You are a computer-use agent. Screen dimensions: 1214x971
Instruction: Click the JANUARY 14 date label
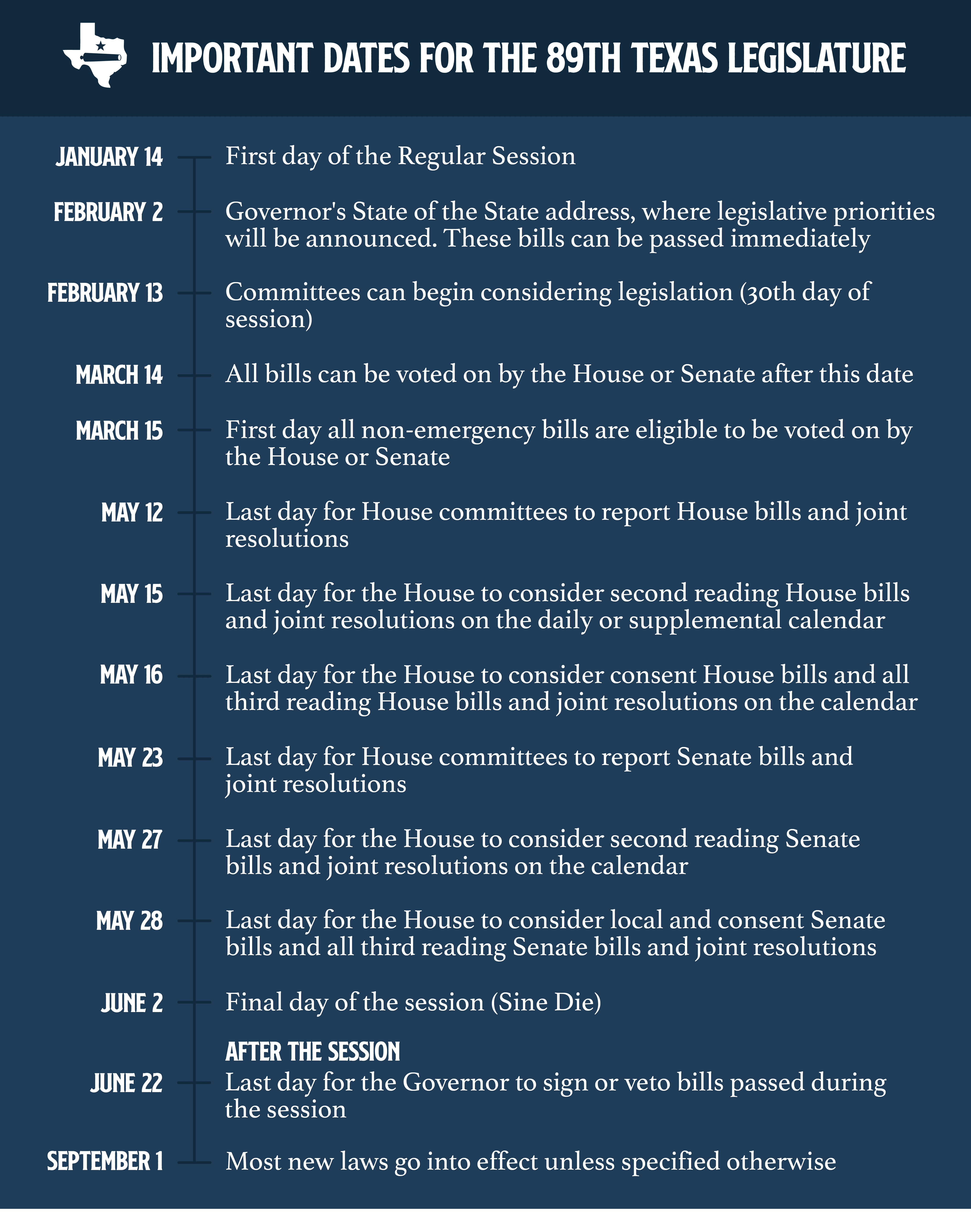(109, 157)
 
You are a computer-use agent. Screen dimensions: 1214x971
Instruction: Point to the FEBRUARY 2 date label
(108, 212)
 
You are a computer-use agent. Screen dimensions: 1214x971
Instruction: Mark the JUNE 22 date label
(127, 1083)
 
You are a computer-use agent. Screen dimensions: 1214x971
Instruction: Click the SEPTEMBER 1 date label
(105, 1162)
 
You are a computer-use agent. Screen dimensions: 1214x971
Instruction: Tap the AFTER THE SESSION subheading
(312, 1052)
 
